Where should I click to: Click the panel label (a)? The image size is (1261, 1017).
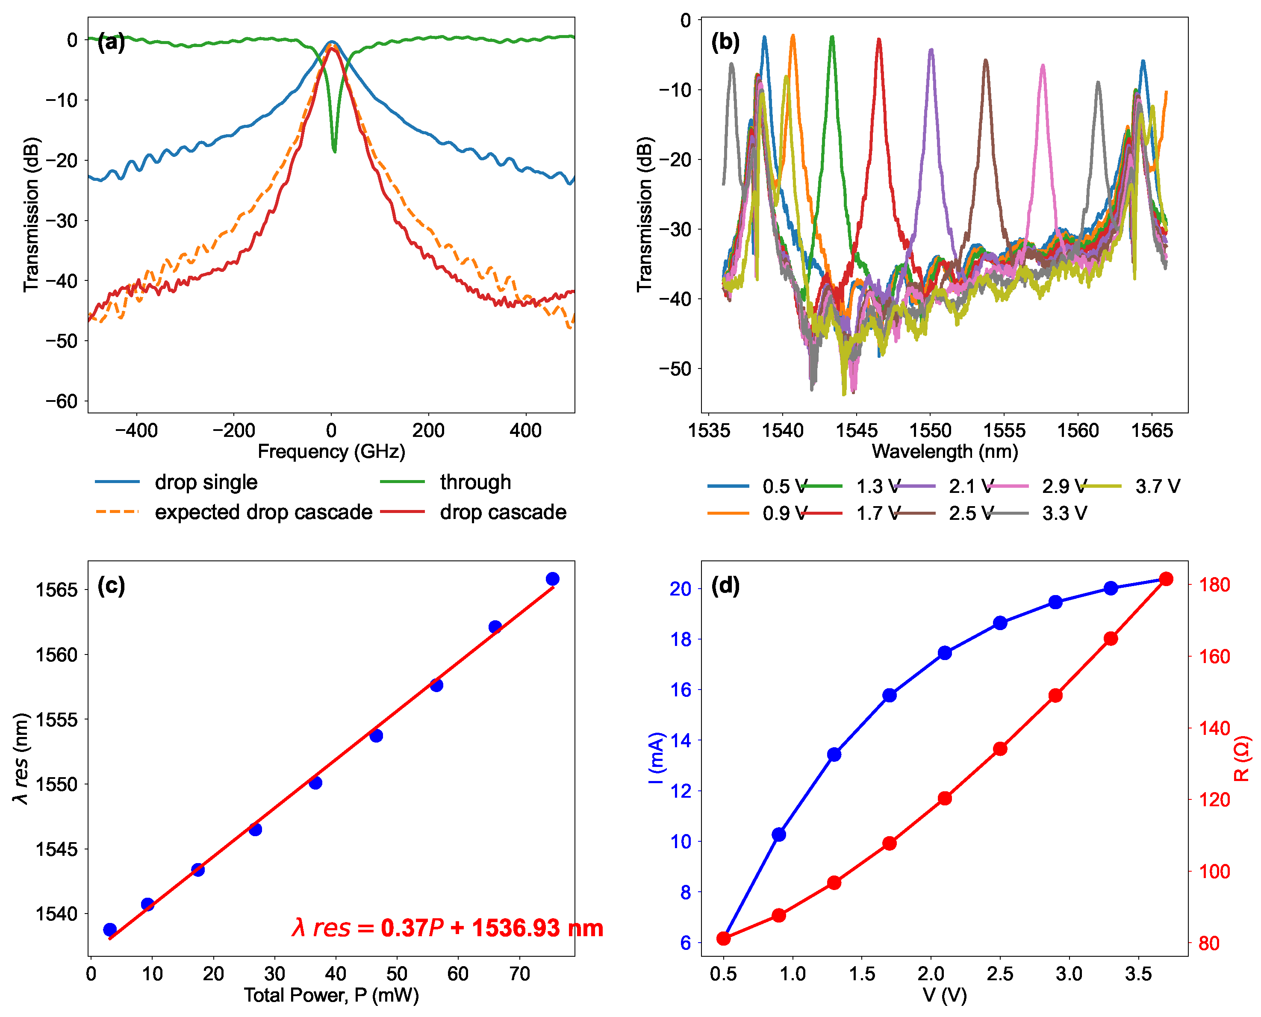(111, 42)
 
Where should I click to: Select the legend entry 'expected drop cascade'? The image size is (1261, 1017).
(264, 512)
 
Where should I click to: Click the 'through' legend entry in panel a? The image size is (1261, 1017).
(475, 482)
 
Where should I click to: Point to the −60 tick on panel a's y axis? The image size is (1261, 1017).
(62, 401)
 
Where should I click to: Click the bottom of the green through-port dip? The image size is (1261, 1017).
(334, 151)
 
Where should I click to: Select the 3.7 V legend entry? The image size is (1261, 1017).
(1157, 486)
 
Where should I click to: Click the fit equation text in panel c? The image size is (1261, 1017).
(448, 928)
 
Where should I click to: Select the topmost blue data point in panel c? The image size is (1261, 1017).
(552, 579)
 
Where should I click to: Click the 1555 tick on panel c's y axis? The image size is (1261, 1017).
(57, 719)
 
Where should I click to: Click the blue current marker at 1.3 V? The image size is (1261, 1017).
(834, 755)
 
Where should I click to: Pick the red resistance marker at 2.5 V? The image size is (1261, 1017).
(1000, 749)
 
